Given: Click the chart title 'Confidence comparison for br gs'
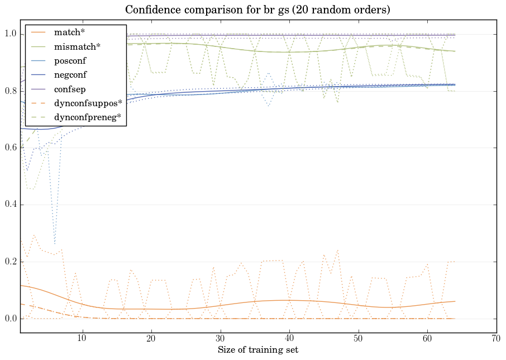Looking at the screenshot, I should pos(257,10).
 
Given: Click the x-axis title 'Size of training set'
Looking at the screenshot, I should pos(257,350).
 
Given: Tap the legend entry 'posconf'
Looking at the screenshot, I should pos(69,60).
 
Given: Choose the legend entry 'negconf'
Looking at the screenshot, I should pos(69,74).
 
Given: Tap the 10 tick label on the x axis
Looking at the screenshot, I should pos(82,339).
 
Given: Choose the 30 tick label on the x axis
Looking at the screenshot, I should pos(220,339).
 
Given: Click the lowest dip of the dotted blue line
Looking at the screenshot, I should pos(55,244).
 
